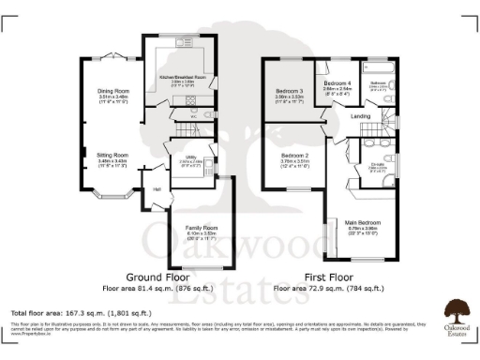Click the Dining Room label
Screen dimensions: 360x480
coord(112,91)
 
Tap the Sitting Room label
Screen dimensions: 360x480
coord(112,155)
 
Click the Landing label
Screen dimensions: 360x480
coord(361,116)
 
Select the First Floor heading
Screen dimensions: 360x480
coord(328,278)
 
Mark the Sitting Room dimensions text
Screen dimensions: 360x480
coord(112,162)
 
